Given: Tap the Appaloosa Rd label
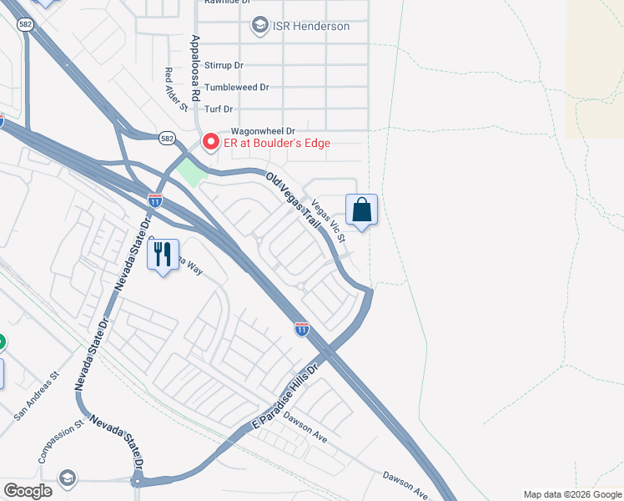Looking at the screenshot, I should click(x=195, y=68).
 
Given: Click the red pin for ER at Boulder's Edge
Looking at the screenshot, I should click(x=211, y=142).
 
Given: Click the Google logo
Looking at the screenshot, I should click(x=28, y=491).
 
